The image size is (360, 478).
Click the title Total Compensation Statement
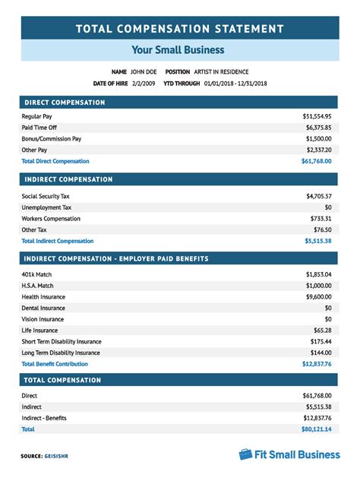(x=180, y=30)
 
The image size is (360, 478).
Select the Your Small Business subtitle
(x=179, y=50)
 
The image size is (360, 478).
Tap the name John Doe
(x=144, y=71)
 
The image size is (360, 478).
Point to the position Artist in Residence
(x=226, y=71)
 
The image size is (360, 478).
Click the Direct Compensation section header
(x=65, y=102)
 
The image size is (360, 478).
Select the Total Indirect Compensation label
(x=58, y=240)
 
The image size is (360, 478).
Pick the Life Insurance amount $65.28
(x=323, y=331)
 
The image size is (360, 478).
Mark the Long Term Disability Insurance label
(x=61, y=353)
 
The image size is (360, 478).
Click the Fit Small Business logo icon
(x=245, y=454)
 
